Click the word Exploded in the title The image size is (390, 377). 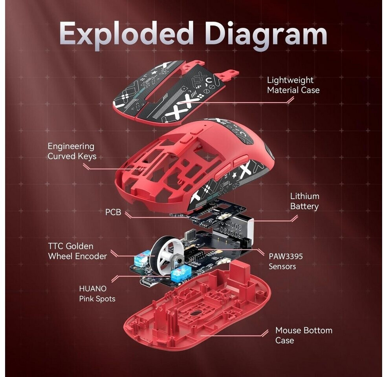click(127, 34)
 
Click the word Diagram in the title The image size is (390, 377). click(266, 34)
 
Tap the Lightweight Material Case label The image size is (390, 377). click(293, 85)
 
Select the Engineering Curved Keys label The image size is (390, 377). click(71, 151)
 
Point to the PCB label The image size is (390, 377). click(113, 212)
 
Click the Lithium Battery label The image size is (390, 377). click(304, 201)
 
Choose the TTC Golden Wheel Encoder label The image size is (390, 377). click(77, 251)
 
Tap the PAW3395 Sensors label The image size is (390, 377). click(286, 261)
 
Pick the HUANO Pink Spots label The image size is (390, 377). click(97, 294)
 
